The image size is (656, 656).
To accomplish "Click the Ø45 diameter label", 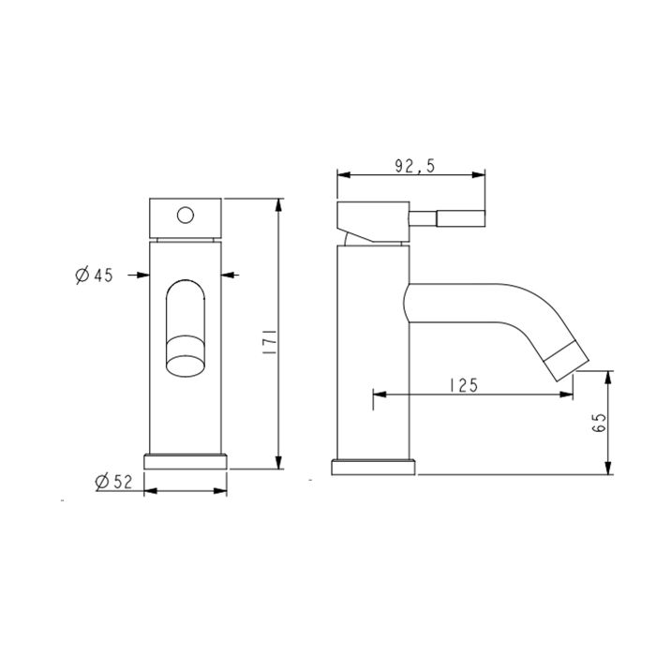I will tap(94, 276).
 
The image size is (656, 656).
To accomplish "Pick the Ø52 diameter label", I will tap(114, 482).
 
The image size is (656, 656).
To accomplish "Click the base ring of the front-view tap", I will tap(186, 462).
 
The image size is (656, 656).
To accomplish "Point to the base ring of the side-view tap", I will tap(374, 468).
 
